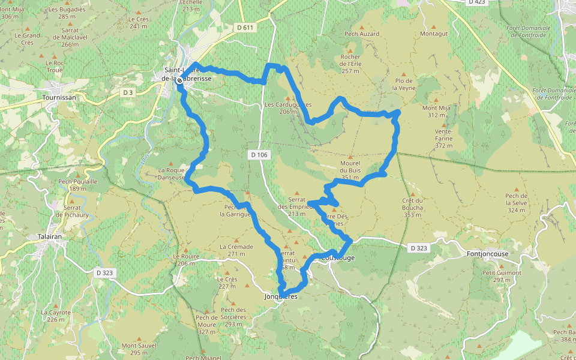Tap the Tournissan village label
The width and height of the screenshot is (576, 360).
point(59,97)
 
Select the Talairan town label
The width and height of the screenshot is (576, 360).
point(49,237)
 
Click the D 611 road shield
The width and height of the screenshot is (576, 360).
point(245,28)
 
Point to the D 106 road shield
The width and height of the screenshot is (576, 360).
point(259,155)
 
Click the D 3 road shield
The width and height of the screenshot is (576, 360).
point(127,92)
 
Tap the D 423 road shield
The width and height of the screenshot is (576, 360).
point(476,2)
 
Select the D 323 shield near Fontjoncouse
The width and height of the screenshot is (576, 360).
point(419,247)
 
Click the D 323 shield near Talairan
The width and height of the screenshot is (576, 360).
point(104,272)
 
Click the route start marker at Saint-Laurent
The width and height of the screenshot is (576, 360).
point(179,80)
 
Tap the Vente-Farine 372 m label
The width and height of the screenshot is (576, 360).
point(444,138)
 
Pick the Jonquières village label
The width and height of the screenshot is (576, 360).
point(281,296)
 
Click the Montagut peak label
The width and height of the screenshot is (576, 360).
point(434,34)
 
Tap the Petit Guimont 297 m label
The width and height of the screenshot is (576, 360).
point(502,276)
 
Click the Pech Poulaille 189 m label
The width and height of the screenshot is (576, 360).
point(77,184)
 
